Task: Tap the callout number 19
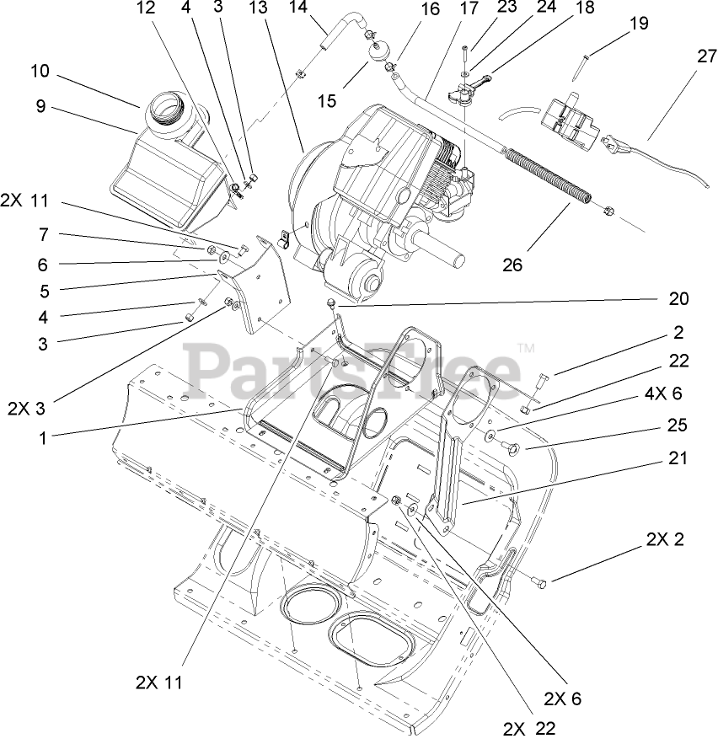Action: (x=639, y=24)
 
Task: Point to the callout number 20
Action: (x=679, y=298)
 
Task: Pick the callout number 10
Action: (x=40, y=71)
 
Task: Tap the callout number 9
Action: (x=40, y=107)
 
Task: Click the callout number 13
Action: (x=258, y=8)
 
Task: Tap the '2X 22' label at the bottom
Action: (x=530, y=727)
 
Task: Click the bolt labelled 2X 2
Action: (x=539, y=581)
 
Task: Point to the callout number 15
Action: (x=327, y=101)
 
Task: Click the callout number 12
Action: (x=146, y=8)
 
